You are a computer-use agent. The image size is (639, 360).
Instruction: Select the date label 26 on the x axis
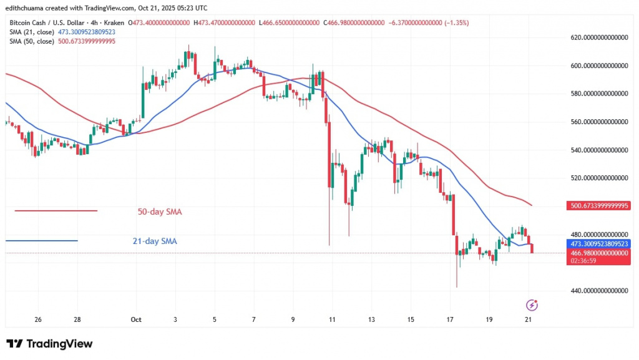pos(38,319)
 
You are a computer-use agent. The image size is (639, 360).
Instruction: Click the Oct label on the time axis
pos(137,319)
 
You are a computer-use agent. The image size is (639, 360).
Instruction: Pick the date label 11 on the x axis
pos(332,319)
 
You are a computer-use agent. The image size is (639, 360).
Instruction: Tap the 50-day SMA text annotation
pos(160,212)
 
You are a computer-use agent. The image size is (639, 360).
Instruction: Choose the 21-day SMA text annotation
pos(160,241)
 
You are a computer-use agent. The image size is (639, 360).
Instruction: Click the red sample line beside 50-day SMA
pos(56,211)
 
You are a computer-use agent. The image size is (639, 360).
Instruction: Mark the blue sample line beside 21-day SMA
pos(42,241)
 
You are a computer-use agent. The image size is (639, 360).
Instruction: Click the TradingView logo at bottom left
pos(49,344)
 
